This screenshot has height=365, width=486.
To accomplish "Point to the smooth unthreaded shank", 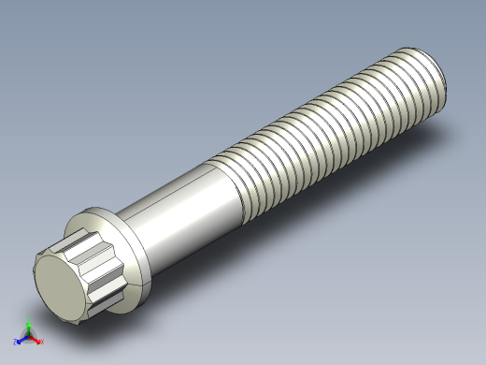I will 182,201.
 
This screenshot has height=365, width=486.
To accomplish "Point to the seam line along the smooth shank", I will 178,192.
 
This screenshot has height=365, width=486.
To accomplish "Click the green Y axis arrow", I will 28,327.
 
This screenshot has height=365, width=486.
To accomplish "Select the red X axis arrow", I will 36,340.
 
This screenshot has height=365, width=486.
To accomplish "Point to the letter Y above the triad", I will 29,321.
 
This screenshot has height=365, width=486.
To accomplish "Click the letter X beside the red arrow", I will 42,342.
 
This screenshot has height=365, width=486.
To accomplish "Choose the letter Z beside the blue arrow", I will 15,343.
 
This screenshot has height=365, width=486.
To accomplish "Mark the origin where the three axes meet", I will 28,337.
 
